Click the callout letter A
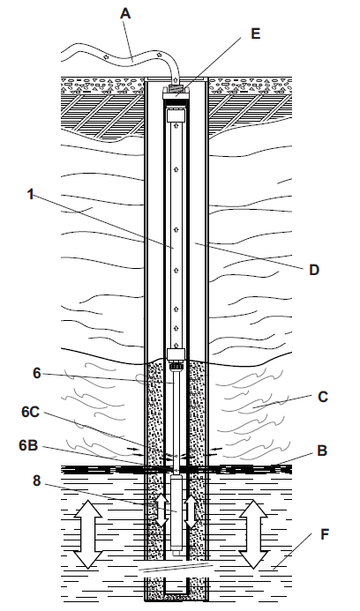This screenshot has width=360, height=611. (x=125, y=13)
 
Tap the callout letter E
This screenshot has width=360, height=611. (x=256, y=34)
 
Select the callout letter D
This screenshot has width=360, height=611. (x=314, y=269)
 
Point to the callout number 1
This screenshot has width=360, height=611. (x=30, y=194)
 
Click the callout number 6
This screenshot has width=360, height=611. (x=37, y=373)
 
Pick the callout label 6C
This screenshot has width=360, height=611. (x=30, y=413)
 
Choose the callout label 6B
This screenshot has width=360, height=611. (x=28, y=445)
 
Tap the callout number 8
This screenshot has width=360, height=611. (x=36, y=481)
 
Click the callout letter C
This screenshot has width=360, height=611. (x=323, y=397)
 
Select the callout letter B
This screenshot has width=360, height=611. (x=322, y=451)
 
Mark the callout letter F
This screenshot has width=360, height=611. (x=325, y=534)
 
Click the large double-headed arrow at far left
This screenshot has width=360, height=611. (x=88, y=534)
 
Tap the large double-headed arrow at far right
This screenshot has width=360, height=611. (x=253, y=534)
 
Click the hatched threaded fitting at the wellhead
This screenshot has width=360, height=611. (x=175, y=89)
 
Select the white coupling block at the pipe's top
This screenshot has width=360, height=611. (x=175, y=115)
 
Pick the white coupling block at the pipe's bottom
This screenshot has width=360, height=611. (x=175, y=354)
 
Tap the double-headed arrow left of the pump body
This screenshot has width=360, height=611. (x=162, y=510)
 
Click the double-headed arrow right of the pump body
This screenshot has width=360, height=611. (x=191, y=510)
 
